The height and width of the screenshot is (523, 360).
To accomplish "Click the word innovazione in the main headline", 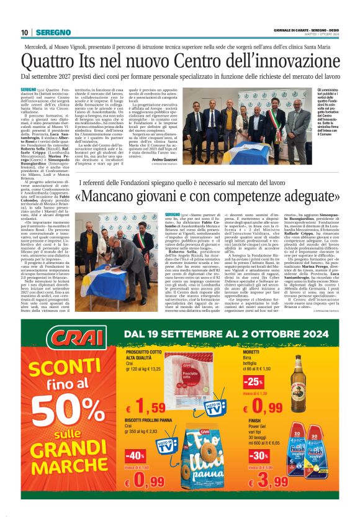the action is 287,61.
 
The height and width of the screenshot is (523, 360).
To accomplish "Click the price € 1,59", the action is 143,407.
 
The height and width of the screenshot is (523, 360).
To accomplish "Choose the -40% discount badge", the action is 135,455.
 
